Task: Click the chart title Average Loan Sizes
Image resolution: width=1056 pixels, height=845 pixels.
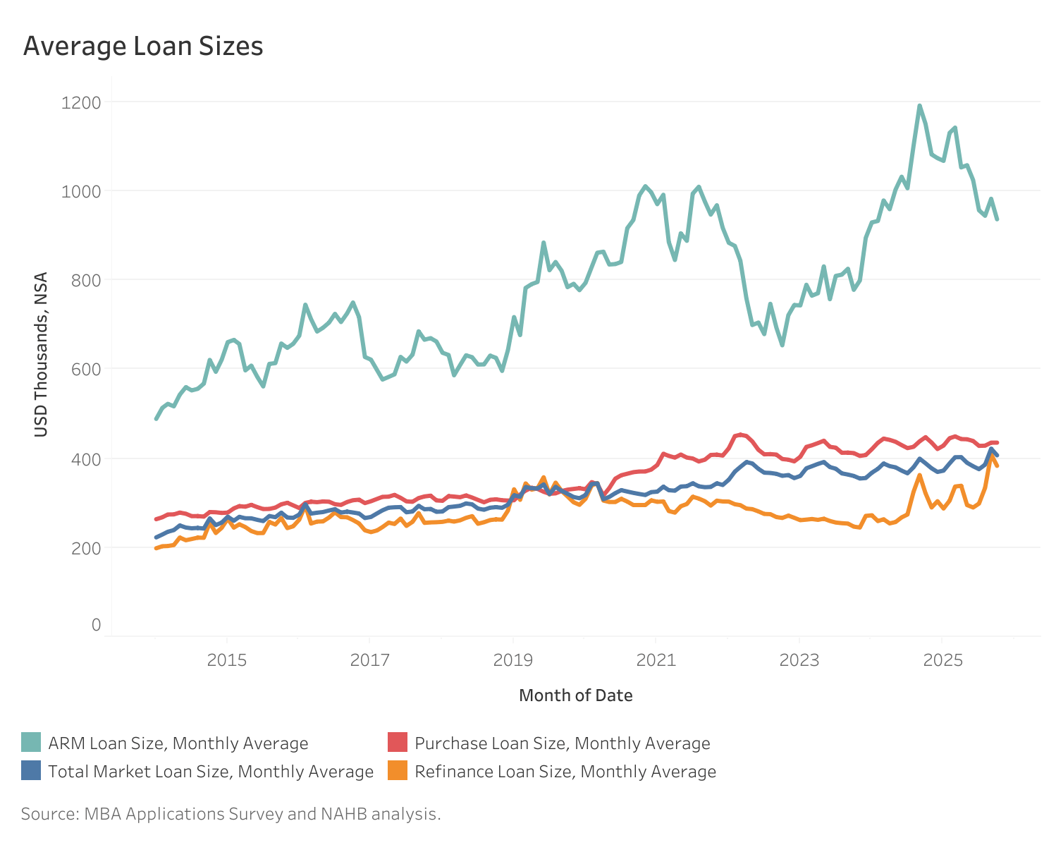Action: coord(143,47)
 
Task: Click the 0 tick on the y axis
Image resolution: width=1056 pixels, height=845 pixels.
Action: coord(96,625)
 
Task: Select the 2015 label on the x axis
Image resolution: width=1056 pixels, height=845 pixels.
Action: coord(226,660)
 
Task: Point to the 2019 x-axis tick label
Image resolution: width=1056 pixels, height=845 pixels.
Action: coord(512,660)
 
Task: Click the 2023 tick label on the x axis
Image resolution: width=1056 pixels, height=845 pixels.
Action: coord(799,660)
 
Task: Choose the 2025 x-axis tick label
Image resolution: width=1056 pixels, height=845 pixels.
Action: coord(943,660)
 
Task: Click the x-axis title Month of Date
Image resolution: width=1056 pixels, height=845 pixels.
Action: coord(575,695)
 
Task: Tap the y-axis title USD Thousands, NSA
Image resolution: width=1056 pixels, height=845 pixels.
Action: coord(42,354)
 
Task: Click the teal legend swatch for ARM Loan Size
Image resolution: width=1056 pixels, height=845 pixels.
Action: coord(31,743)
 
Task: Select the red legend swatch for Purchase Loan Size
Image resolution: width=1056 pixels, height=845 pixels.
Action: coord(398,743)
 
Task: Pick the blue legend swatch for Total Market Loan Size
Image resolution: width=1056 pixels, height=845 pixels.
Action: coord(31,771)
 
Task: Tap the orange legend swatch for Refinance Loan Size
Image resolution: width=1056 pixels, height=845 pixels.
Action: coord(398,771)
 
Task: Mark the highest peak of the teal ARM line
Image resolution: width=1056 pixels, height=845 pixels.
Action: coord(919,106)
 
